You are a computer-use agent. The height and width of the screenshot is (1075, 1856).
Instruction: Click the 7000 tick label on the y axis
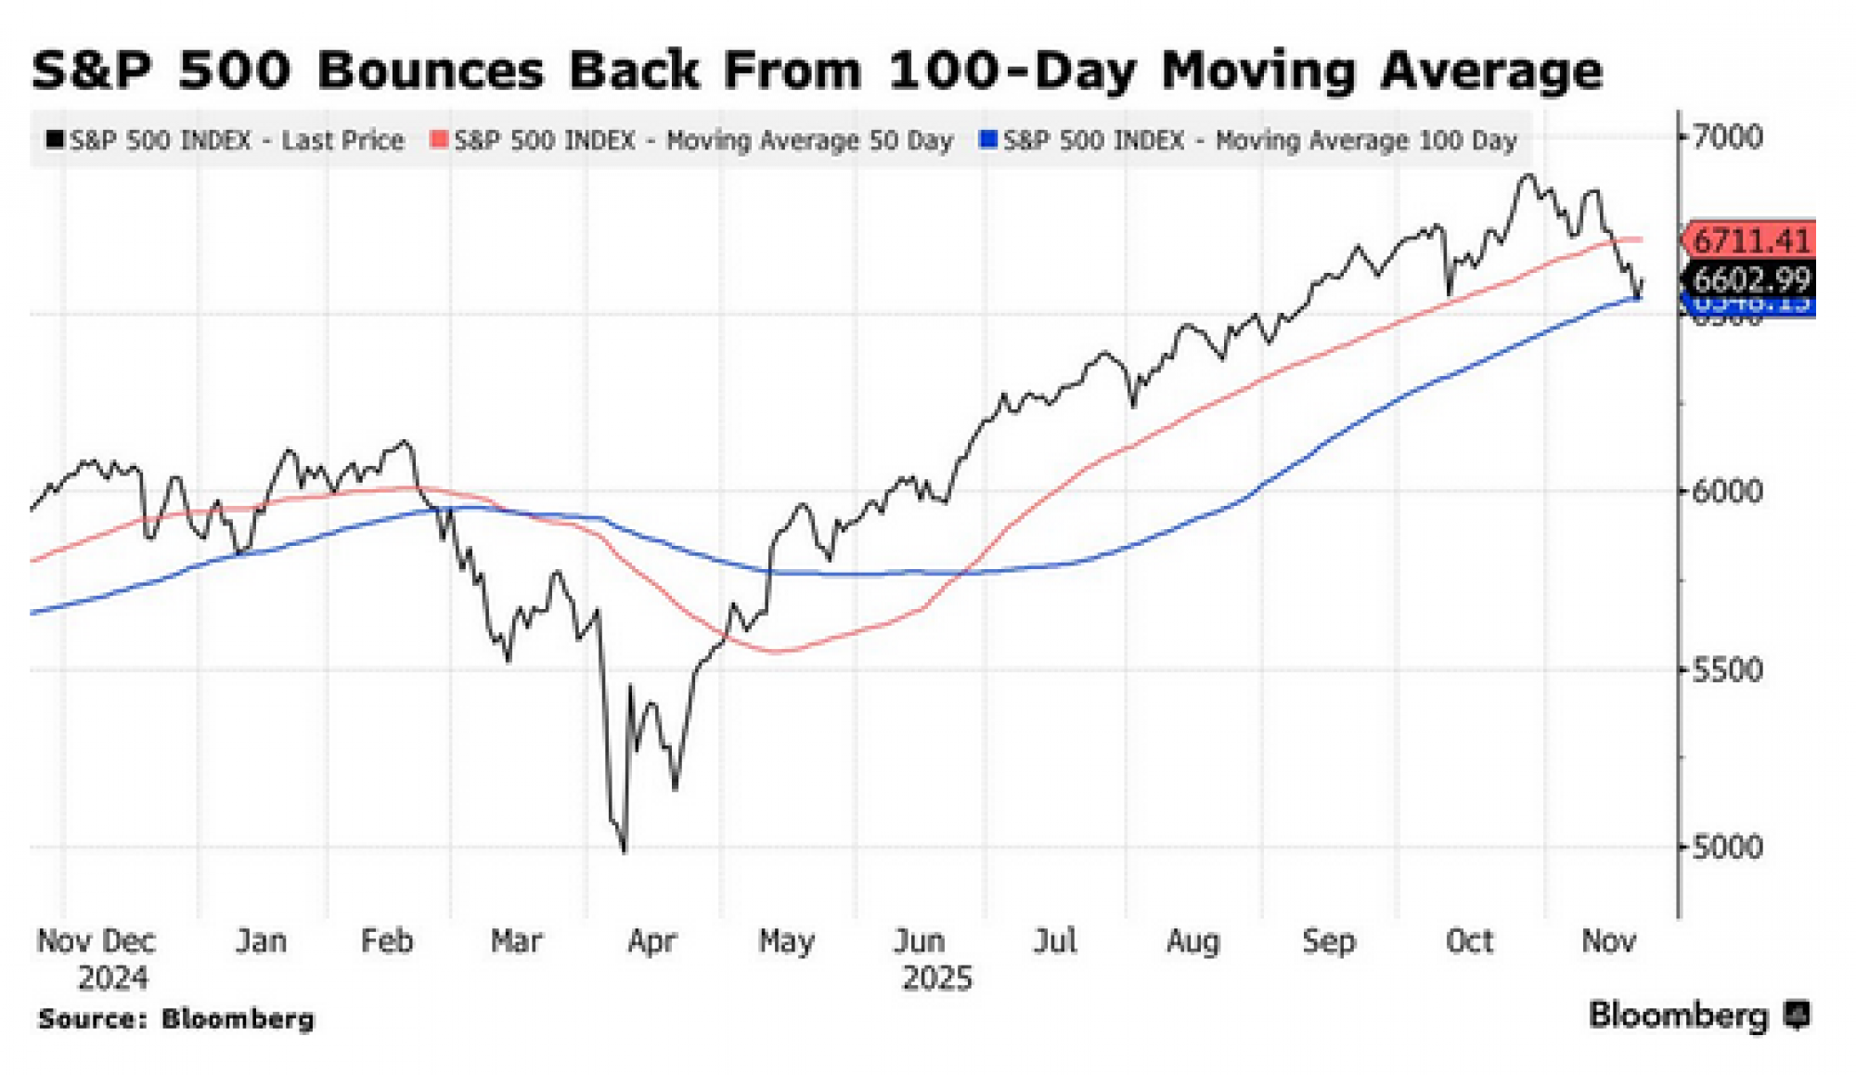point(1726,137)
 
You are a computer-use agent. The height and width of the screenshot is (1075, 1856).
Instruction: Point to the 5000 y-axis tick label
point(1726,847)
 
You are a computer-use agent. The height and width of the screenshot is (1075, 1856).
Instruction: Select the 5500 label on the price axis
point(1726,669)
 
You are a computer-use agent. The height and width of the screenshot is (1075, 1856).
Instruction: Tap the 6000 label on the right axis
point(1726,491)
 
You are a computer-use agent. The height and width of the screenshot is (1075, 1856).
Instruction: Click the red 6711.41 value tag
point(1750,240)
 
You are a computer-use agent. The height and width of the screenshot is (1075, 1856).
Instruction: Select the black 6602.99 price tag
point(1750,278)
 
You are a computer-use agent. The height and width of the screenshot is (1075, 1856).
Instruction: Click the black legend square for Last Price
point(55,140)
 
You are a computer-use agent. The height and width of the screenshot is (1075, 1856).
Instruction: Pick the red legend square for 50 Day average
point(439,140)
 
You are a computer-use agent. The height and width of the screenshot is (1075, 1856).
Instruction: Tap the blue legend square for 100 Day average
point(988,140)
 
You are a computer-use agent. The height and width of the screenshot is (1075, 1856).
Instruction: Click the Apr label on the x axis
point(651,941)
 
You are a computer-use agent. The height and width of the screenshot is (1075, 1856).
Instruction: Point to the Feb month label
point(386,941)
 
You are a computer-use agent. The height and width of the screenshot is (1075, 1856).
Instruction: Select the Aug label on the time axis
point(1192,941)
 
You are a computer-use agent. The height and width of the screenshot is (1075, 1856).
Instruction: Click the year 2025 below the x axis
point(936,978)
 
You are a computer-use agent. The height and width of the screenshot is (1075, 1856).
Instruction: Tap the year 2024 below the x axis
point(112,978)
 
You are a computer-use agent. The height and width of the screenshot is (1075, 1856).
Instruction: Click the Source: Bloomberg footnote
point(176,1018)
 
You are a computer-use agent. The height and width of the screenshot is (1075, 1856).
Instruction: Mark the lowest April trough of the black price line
point(624,850)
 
